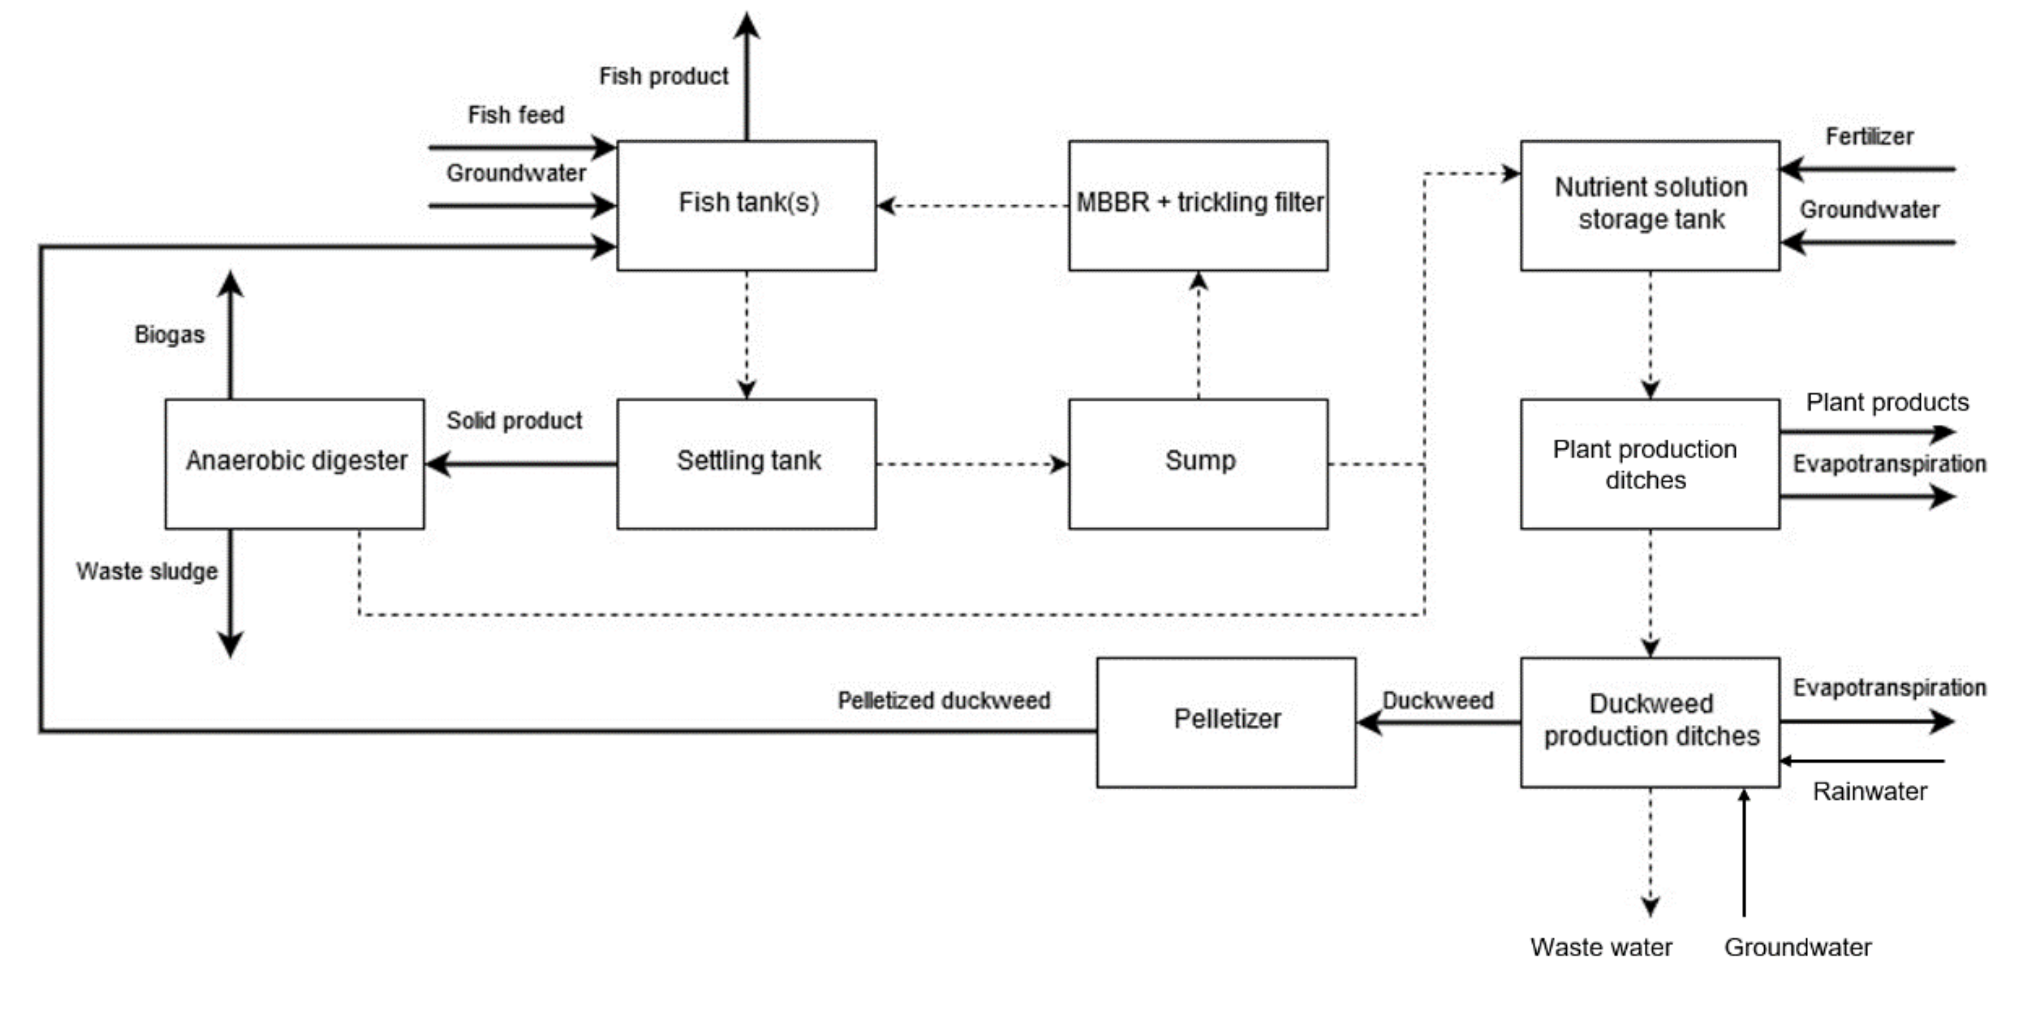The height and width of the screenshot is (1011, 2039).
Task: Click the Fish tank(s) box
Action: click(x=746, y=205)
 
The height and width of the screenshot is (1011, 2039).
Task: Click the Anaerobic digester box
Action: click(x=294, y=463)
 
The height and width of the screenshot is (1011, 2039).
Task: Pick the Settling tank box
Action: click(x=746, y=463)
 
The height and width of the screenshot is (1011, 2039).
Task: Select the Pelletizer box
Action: click(x=1225, y=721)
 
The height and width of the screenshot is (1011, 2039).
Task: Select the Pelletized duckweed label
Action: click(x=943, y=700)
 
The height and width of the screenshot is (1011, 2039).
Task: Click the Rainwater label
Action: click(x=1869, y=791)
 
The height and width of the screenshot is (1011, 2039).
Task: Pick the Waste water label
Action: click(x=1601, y=947)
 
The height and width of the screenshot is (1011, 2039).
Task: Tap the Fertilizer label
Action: click(x=1869, y=136)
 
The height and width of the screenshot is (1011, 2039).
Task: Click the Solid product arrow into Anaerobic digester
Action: click(x=522, y=463)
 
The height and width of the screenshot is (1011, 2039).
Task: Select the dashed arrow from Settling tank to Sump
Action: click(x=972, y=464)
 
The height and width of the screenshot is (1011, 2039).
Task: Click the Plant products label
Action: click(x=1887, y=402)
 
